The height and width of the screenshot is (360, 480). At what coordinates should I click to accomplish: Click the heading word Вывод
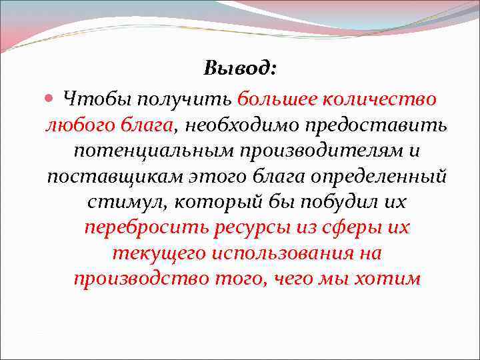239,68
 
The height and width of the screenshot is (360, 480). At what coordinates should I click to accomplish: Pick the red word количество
380,99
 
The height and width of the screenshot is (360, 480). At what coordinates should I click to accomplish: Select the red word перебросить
146,227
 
